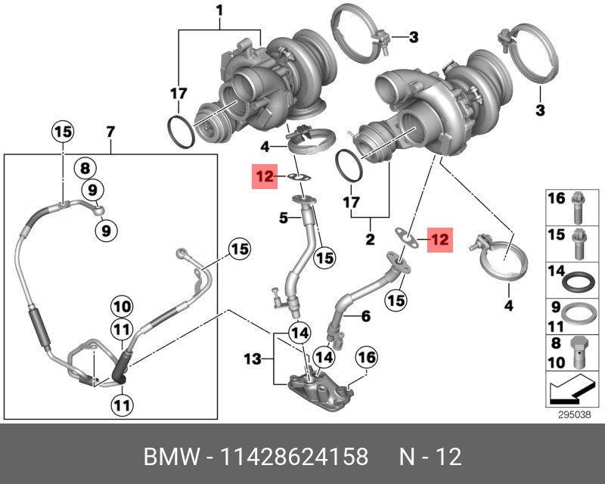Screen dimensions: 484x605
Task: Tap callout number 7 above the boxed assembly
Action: click(110, 132)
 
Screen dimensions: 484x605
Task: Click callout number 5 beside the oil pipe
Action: click(283, 219)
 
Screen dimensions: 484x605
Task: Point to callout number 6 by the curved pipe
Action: click(365, 318)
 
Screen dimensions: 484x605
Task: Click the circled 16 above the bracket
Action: click(366, 356)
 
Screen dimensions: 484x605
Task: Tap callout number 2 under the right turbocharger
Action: click(370, 240)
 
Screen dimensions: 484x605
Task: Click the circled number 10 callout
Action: click(122, 308)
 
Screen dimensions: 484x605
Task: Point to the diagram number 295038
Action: click(571, 414)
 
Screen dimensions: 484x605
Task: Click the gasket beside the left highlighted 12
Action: click(300, 178)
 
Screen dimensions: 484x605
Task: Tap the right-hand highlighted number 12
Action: click(439, 240)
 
